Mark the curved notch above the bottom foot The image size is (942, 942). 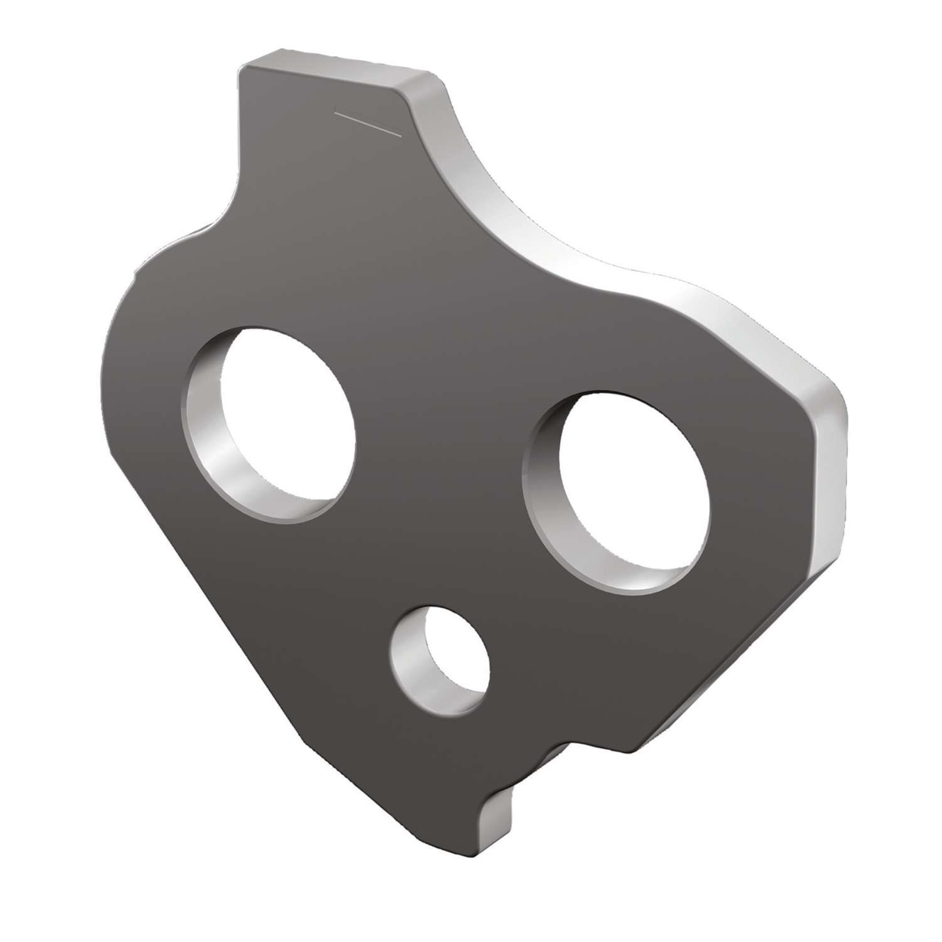(x=546, y=754)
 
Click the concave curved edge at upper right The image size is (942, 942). (x=502, y=207)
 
